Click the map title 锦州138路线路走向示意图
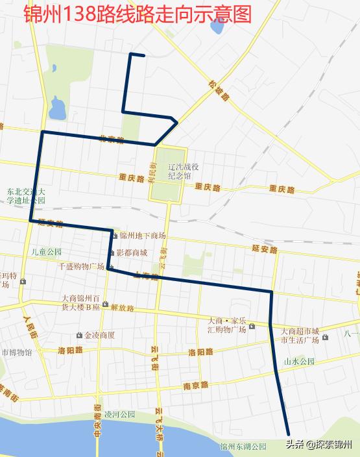[x=137, y=14]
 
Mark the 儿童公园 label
[x=46, y=251]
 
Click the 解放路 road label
[x=122, y=308]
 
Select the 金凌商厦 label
[x=99, y=336]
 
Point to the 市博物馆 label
[x=16, y=352]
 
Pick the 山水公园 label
[x=299, y=361]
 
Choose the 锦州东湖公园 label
[x=243, y=447]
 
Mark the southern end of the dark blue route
[x=288, y=434]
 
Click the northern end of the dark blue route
[x=143, y=55]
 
